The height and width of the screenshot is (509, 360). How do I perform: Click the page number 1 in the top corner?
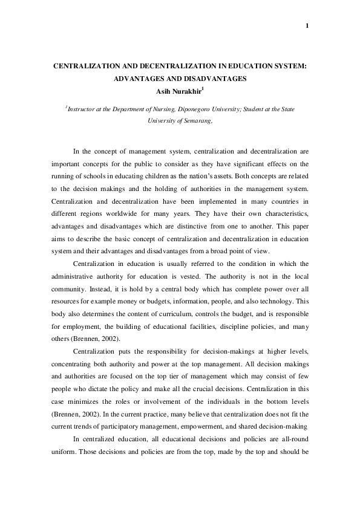(308, 25)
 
